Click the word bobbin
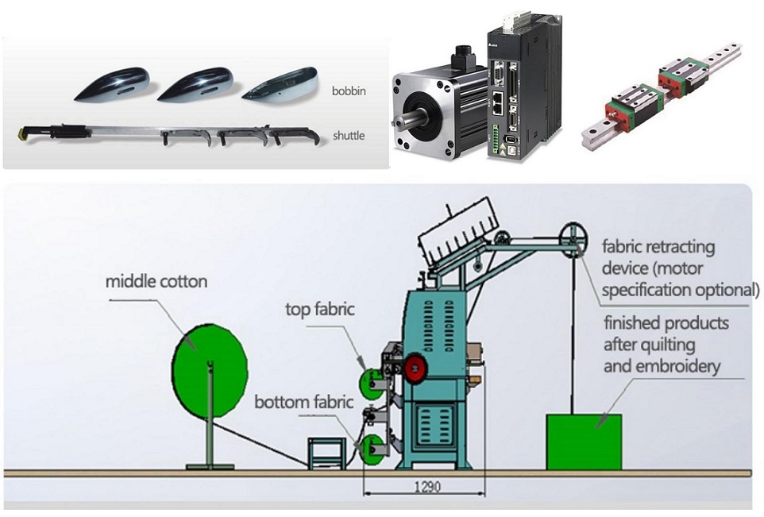348,91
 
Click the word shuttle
348,136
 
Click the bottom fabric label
303,402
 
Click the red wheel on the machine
413,367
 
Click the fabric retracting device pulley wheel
571,237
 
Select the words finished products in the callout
666,324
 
